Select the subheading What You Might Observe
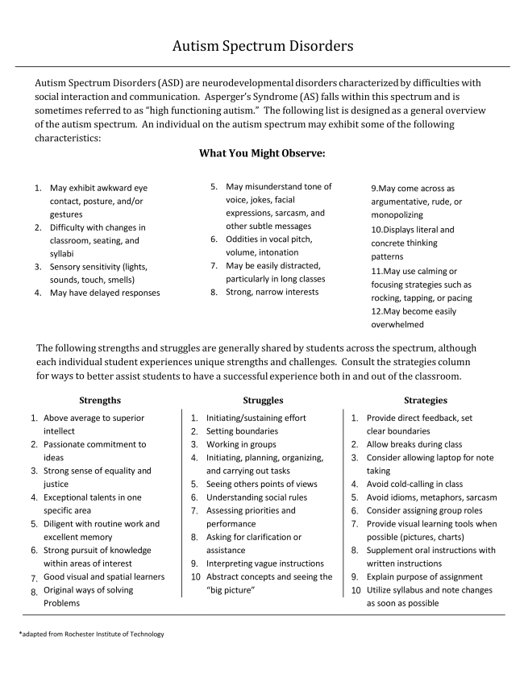pyautogui.click(x=262, y=153)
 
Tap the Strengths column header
pyautogui.click(x=100, y=400)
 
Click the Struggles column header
pyautogui.click(x=263, y=400)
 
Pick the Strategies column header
pyautogui.click(x=425, y=400)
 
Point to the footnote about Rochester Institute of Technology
pyautogui.click(x=91, y=634)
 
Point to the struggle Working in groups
pyautogui.click(x=241, y=444)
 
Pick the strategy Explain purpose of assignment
pyautogui.click(x=425, y=576)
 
